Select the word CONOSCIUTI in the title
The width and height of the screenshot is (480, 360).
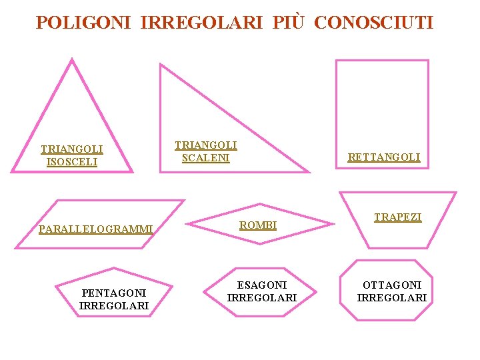(x=373, y=23)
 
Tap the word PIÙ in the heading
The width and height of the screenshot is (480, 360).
(x=289, y=23)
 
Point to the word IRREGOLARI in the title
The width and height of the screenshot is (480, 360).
(x=203, y=23)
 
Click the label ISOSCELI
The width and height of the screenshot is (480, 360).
(x=71, y=162)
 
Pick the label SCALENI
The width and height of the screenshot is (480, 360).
(x=205, y=158)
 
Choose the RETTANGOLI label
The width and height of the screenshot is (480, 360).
(x=384, y=157)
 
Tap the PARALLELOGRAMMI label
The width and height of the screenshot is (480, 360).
(x=96, y=229)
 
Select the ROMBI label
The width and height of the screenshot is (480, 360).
(x=258, y=225)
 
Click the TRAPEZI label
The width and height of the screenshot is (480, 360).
(x=397, y=217)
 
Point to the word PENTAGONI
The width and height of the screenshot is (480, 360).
(x=113, y=293)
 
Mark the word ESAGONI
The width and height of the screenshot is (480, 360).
(x=262, y=285)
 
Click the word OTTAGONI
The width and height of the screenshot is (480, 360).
(x=392, y=285)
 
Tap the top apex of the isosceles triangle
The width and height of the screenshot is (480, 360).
(x=72, y=59)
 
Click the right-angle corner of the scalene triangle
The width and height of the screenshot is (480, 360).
(x=161, y=171)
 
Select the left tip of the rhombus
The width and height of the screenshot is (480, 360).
(x=185, y=223)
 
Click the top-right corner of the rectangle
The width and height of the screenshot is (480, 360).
(x=427, y=61)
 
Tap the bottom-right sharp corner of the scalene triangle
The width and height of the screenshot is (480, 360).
(x=309, y=171)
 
